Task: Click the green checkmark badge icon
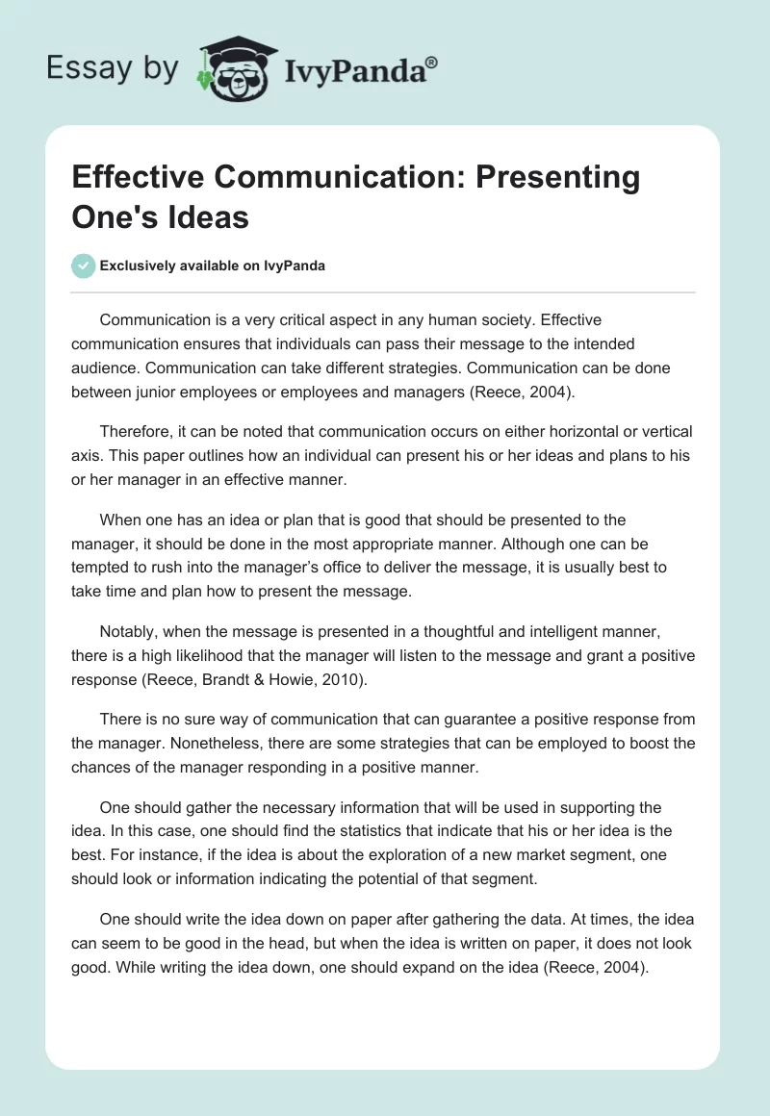84,266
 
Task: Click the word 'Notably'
126,631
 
